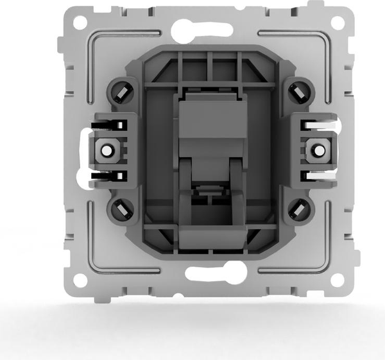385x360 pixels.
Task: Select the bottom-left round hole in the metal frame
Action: [x=79, y=280]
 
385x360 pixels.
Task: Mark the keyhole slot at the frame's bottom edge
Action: [x=207, y=272]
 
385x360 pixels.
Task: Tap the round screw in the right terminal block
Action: [x=316, y=151]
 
